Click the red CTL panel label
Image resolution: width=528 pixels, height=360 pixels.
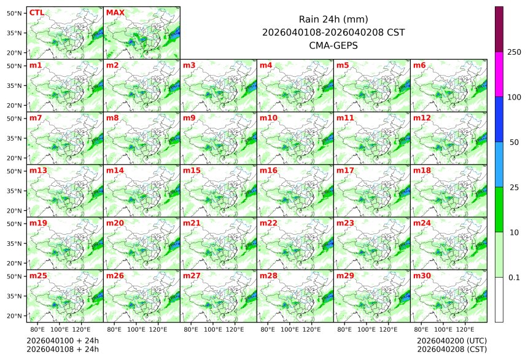(37, 13)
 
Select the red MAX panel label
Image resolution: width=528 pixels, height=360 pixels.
(115, 13)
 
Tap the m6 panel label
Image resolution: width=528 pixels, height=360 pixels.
(420, 65)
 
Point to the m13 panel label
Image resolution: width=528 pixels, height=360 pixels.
(38, 170)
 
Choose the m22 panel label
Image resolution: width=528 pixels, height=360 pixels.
(268, 223)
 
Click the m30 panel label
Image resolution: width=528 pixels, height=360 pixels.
(422, 276)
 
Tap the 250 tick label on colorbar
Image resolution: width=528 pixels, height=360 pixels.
(514, 52)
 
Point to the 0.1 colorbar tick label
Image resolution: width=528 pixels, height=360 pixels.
(514, 278)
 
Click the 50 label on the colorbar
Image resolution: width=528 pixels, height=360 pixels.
(514, 143)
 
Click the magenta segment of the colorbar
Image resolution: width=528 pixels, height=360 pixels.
(499, 74)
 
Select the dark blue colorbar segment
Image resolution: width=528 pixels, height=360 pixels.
(499, 119)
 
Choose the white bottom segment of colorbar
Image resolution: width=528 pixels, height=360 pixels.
(499, 300)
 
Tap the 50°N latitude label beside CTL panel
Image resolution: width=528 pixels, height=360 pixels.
(15, 13)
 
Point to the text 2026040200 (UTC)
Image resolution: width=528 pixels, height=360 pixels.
(451, 340)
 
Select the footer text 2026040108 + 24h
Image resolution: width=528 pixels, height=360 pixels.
(63, 350)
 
